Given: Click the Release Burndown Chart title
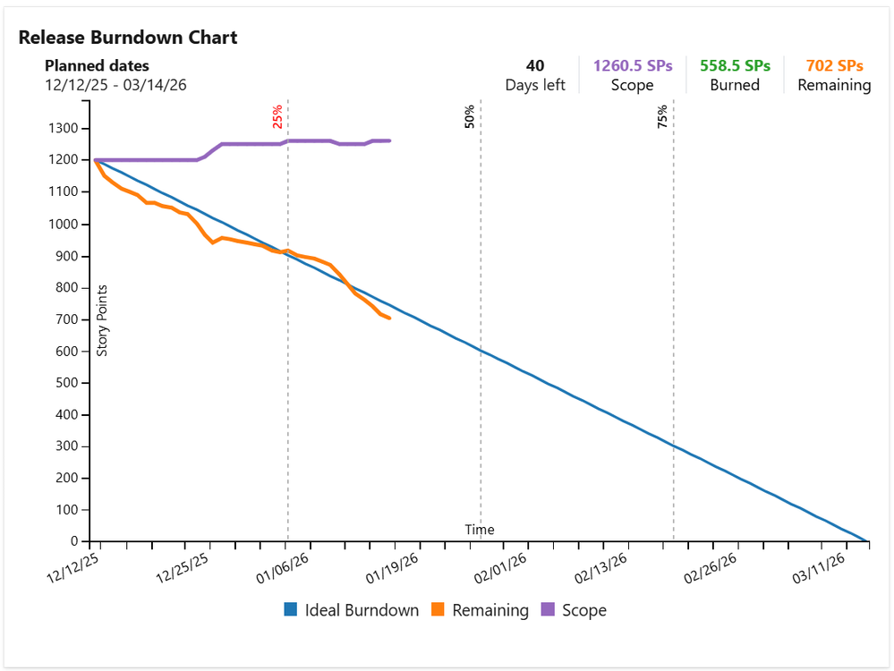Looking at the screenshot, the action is pyautogui.click(x=128, y=38).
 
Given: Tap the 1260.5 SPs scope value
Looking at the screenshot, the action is pyautogui.click(x=633, y=65).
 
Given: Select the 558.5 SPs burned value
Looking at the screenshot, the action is pyautogui.click(x=735, y=65).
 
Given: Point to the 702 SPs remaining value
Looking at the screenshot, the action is pyautogui.click(x=834, y=65).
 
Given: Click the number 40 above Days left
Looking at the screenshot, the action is pyautogui.click(x=535, y=65).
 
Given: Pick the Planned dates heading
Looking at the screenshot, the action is pyautogui.click(x=97, y=65).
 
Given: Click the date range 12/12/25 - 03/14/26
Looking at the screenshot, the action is pyautogui.click(x=115, y=85).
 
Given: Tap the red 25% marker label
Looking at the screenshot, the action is pyautogui.click(x=277, y=116).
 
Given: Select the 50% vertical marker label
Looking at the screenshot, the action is pyautogui.click(x=469, y=116).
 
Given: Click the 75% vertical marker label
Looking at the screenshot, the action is pyautogui.click(x=662, y=116).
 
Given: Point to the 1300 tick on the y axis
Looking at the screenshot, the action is pyautogui.click(x=64, y=128).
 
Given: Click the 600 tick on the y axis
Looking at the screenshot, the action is pyautogui.click(x=67, y=352).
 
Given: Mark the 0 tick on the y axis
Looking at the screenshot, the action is pyautogui.click(x=74, y=541).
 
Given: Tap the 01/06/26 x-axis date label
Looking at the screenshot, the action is pyautogui.click(x=282, y=568).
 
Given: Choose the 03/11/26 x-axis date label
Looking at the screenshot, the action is pyautogui.click(x=818, y=568).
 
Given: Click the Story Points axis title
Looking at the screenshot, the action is pyautogui.click(x=102, y=321).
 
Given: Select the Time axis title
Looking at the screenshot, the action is pyautogui.click(x=480, y=530).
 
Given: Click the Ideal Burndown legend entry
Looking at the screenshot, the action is pyautogui.click(x=351, y=610).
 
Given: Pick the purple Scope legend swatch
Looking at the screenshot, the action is pyautogui.click(x=548, y=609).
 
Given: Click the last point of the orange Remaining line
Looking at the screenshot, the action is pyautogui.click(x=389, y=319).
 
